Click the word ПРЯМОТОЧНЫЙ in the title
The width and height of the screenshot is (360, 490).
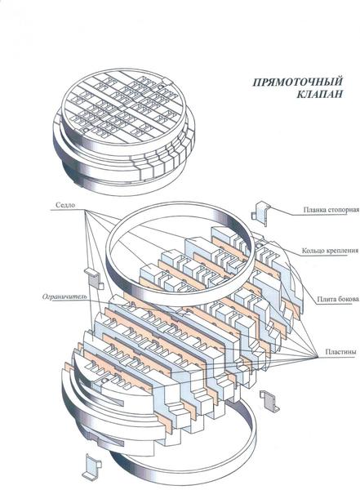[x=297, y=82]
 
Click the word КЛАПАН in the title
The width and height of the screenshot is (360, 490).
[x=319, y=94]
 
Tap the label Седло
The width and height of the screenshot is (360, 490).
[x=65, y=205]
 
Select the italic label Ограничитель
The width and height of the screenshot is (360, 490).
[x=64, y=296]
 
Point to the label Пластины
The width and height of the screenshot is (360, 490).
[x=340, y=351]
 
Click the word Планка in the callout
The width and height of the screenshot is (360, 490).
[x=314, y=210]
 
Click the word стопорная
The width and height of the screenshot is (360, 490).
[x=343, y=210]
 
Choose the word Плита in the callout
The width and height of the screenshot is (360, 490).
[x=327, y=299]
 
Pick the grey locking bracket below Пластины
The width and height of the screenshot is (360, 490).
[x=269, y=401]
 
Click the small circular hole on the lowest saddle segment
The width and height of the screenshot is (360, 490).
[x=105, y=380]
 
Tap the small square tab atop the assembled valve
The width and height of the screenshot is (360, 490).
[x=167, y=82]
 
